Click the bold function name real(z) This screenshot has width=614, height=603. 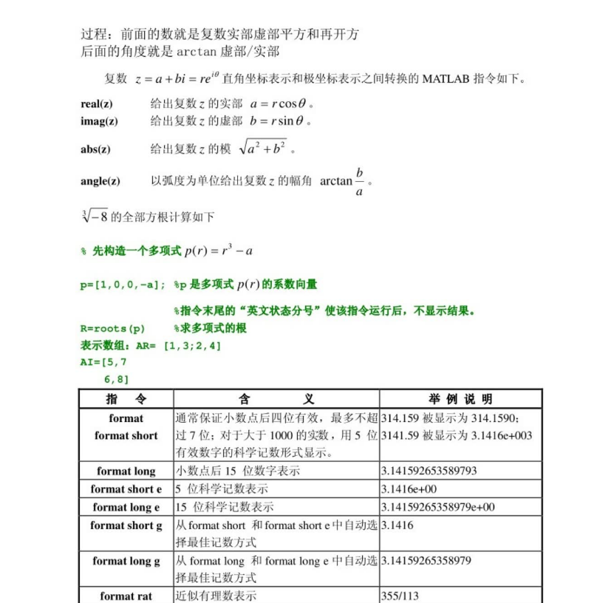pos(97,104)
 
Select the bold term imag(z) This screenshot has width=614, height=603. pos(99,121)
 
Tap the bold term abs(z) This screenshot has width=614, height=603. pos(95,149)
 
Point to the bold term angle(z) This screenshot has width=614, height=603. pos(100,181)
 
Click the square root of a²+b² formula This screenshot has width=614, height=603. pos(262,148)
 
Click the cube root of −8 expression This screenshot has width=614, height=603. pos(95,217)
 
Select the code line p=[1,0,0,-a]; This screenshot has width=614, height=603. pos(123,284)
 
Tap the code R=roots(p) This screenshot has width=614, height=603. pos(112,328)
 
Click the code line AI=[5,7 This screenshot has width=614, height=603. pos(103,362)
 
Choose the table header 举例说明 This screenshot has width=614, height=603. pos(460,399)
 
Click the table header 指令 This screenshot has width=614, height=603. pos(126,399)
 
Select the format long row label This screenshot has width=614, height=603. pos(126,471)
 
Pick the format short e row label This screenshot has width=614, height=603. pos(126,489)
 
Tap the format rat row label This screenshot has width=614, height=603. pos(126,596)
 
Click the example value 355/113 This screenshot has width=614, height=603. pos(400,596)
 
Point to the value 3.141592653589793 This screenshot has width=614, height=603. pos(429,471)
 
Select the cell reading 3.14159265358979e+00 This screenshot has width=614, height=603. pos(437,507)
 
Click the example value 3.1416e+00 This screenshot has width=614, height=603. pos(409,489)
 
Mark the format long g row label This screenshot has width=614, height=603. pos(126,561)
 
